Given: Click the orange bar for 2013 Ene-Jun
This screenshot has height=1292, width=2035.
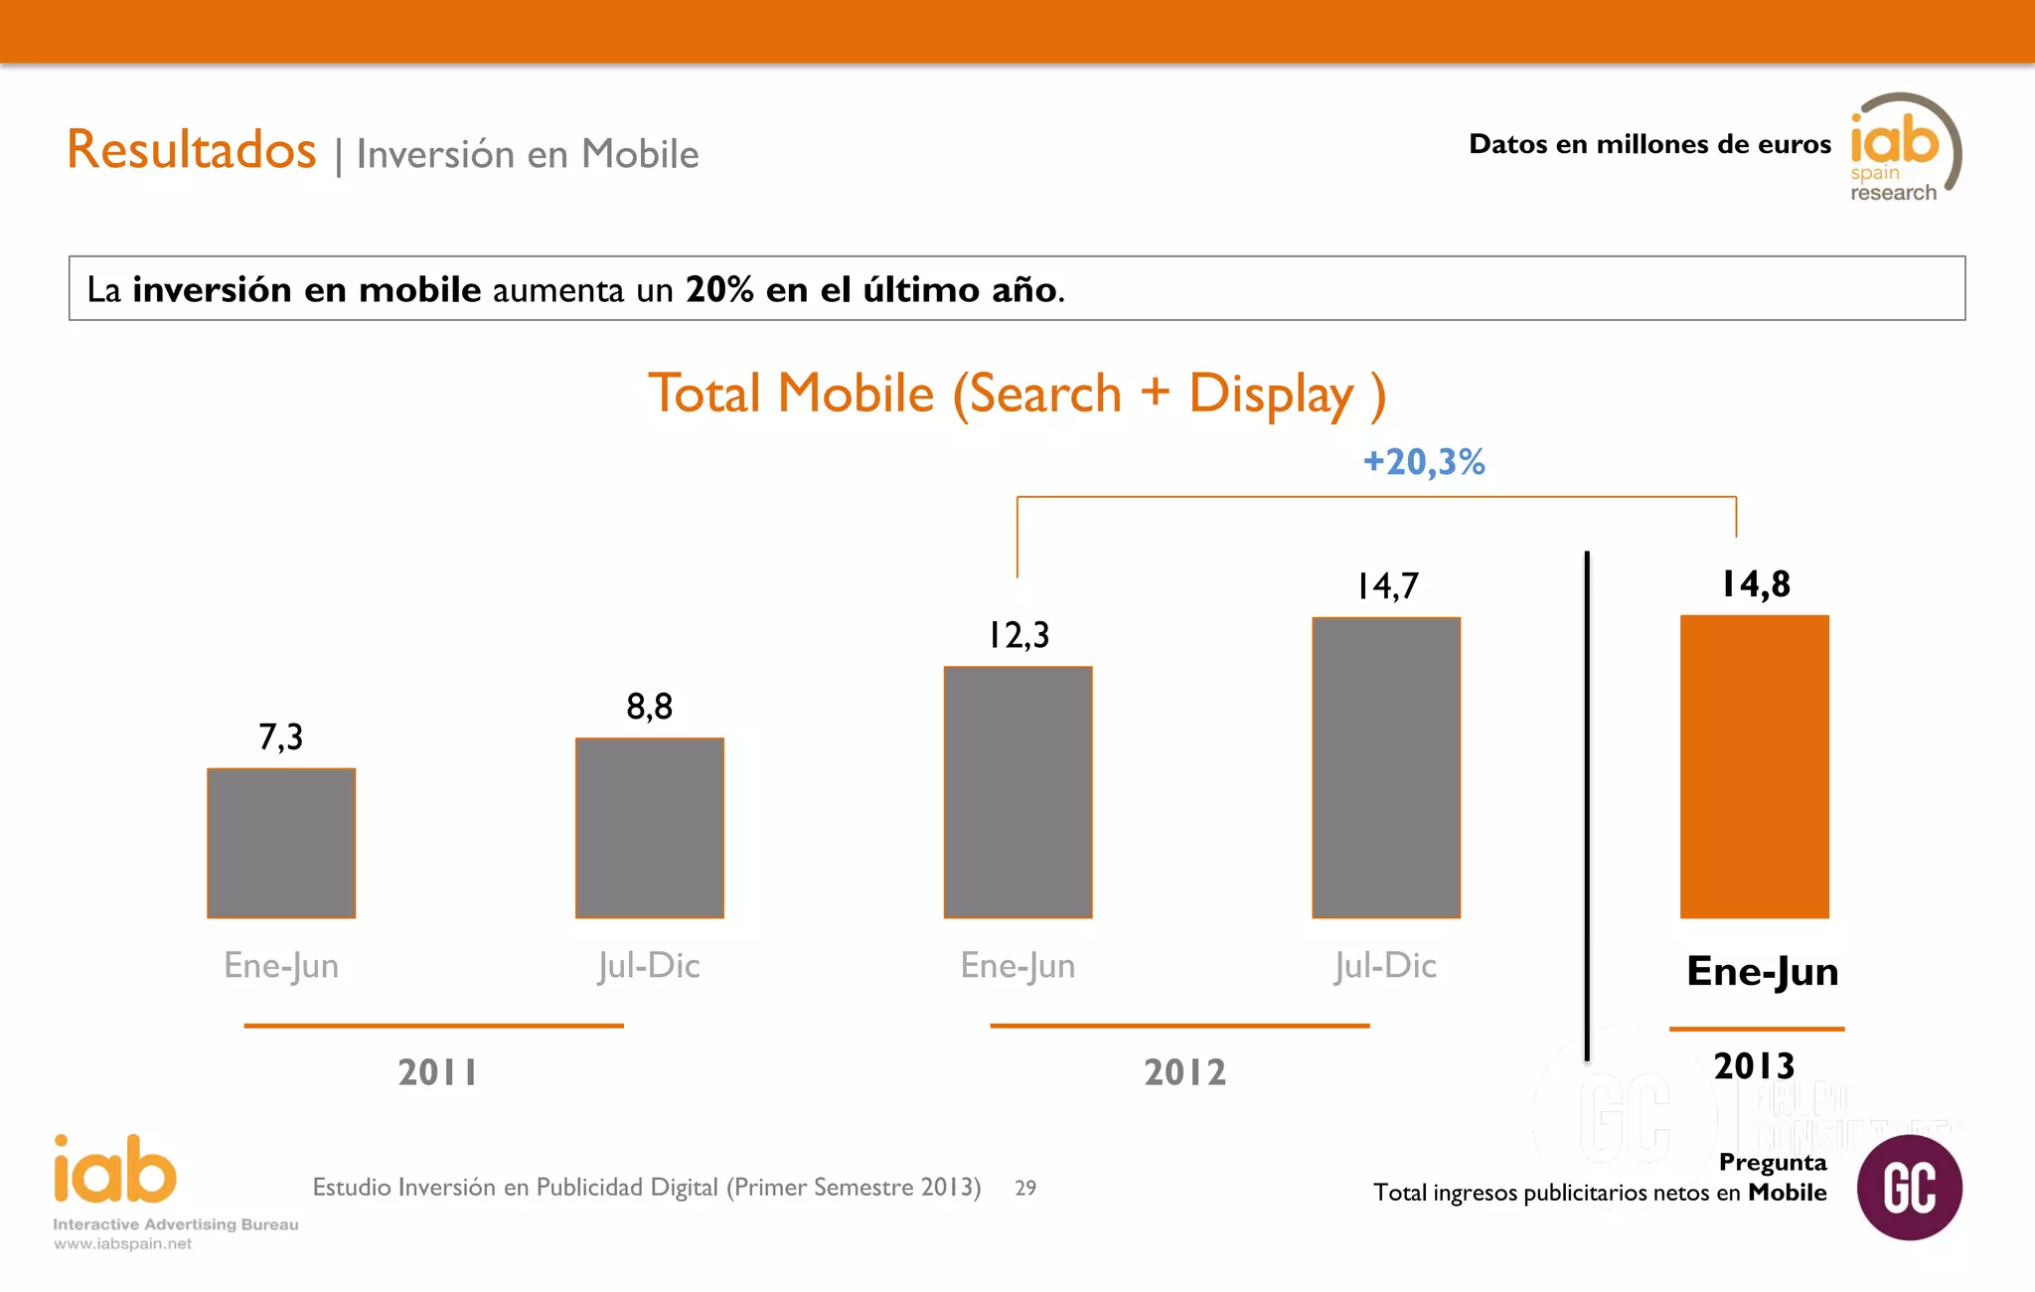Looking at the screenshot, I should tap(1754, 766).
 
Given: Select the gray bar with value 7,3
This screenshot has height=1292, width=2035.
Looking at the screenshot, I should tap(281, 843).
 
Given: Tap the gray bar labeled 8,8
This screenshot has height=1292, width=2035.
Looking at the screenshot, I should tap(649, 828).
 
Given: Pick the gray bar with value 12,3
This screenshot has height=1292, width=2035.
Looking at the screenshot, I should tap(1017, 792).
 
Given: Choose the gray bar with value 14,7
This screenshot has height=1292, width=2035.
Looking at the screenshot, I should tap(1386, 767).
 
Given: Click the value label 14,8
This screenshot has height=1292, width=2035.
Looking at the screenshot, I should tap(1756, 584).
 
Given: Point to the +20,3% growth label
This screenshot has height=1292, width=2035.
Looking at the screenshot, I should tap(1424, 462).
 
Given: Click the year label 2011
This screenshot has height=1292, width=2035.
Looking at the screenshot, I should tap(437, 1072).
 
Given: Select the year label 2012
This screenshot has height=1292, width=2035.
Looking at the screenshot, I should tap(1184, 1072).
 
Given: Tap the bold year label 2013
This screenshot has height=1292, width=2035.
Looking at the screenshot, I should tap(1754, 1066).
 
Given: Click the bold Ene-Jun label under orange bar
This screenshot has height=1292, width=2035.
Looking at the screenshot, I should tap(1762, 971).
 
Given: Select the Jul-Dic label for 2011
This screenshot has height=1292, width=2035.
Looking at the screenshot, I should tap(649, 966).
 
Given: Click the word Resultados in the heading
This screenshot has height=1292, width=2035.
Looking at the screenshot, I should tap(192, 150).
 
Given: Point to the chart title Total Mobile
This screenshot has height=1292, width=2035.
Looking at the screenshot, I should tap(1016, 394).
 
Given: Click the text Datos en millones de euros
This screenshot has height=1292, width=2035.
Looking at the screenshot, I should tap(1649, 145).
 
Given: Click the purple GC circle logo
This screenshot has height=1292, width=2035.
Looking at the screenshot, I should tap(1909, 1188).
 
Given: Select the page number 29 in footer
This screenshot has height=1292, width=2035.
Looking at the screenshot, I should tap(1025, 1188).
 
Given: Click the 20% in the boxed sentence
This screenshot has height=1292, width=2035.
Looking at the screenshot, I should tap(719, 289).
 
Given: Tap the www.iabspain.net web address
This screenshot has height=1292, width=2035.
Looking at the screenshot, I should tap(122, 1244).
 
